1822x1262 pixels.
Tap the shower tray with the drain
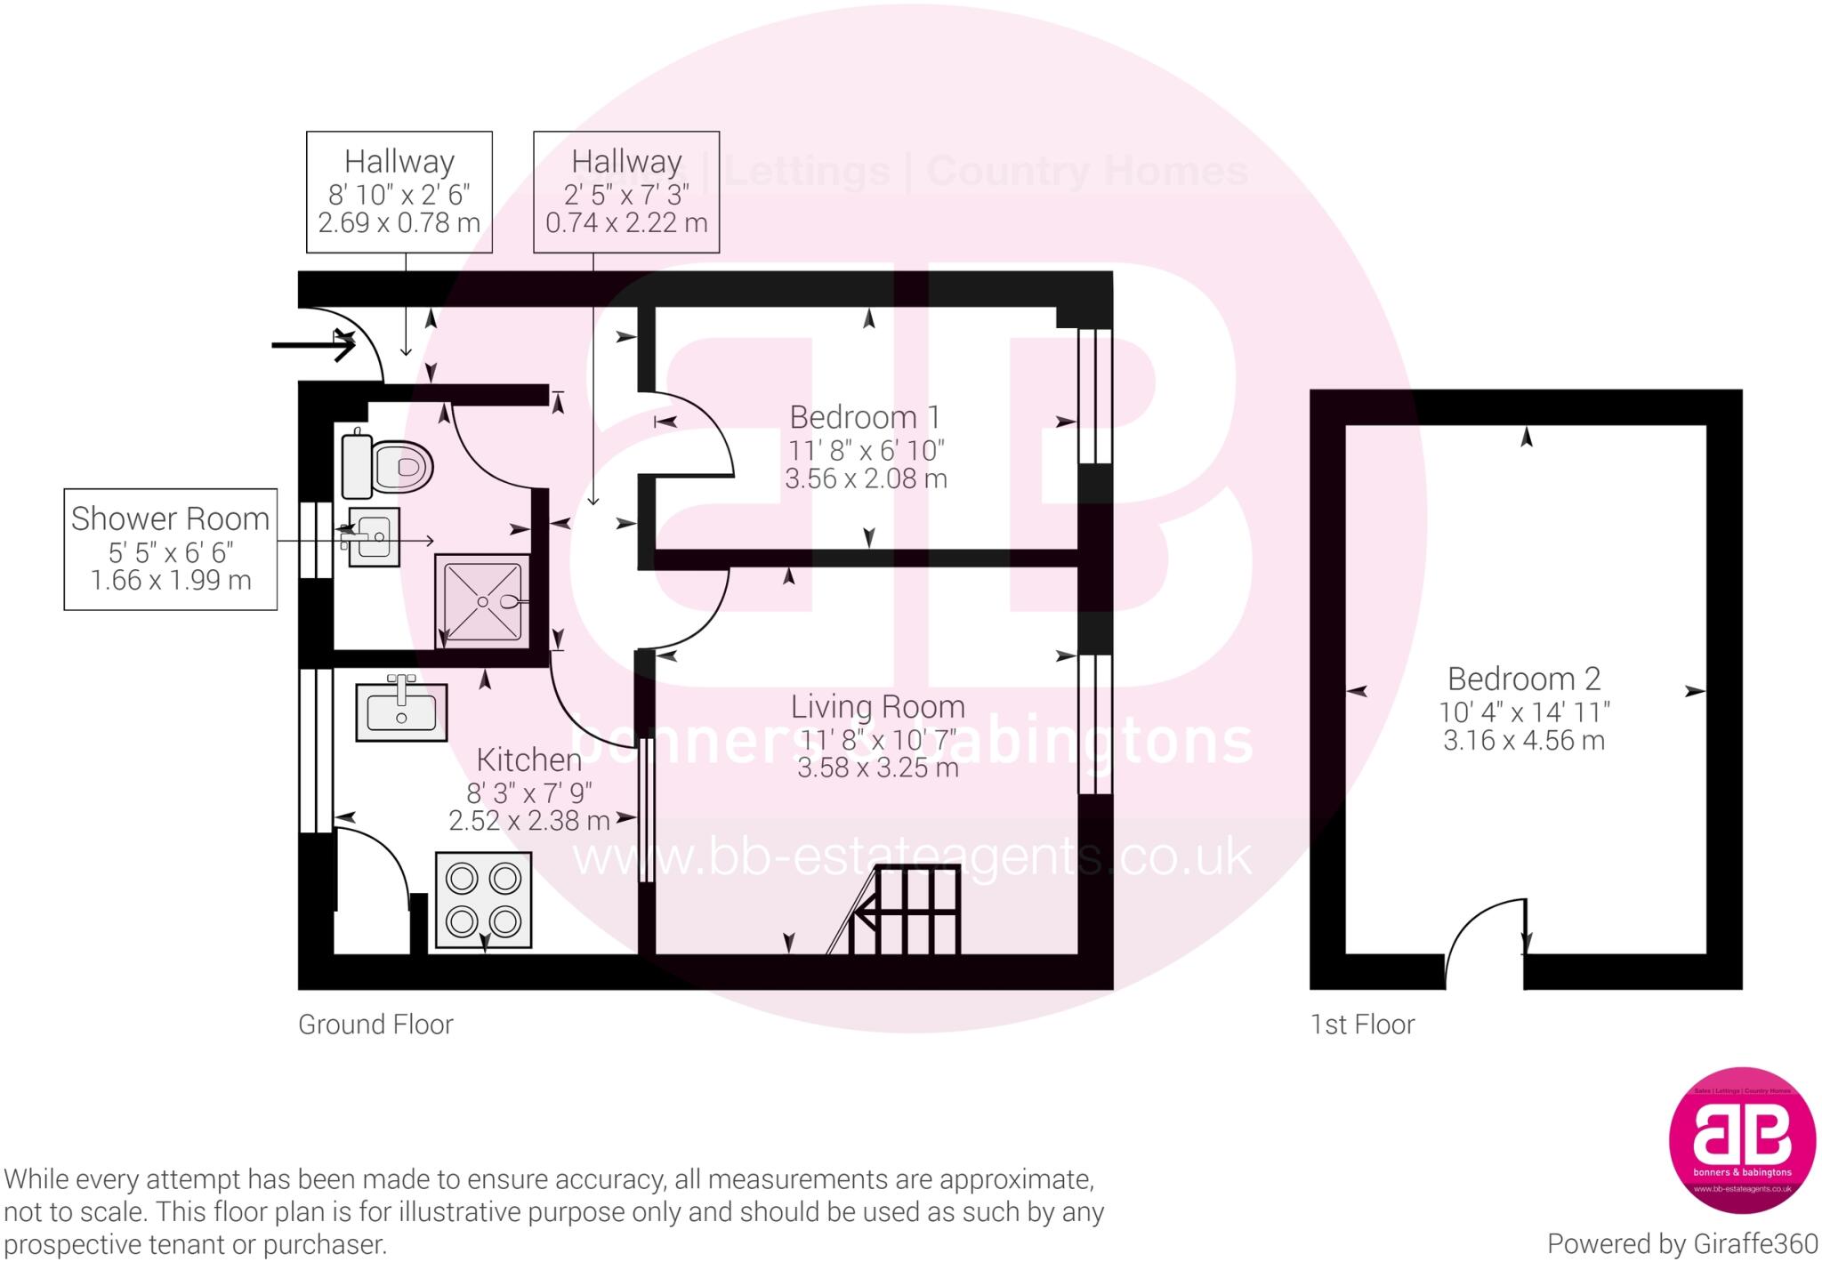point(482,600)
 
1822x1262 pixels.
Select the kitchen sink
point(401,711)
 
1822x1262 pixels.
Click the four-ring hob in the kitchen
point(483,899)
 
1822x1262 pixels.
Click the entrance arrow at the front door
point(313,345)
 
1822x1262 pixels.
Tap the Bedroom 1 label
point(865,417)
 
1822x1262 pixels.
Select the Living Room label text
point(877,707)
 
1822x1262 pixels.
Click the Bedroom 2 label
point(1523,679)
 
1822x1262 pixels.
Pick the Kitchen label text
point(528,760)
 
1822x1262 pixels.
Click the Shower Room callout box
point(170,549)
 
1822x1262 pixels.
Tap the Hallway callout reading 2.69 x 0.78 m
point(399,192)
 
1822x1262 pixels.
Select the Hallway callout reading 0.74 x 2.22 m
point(626,192)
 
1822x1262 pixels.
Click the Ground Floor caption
point(375,1025)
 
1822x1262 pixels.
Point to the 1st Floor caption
point(1362,1025)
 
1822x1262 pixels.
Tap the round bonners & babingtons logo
point(1741,1139)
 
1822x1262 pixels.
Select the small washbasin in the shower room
point(374,536)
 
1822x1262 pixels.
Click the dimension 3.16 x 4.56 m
point(1523,741)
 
